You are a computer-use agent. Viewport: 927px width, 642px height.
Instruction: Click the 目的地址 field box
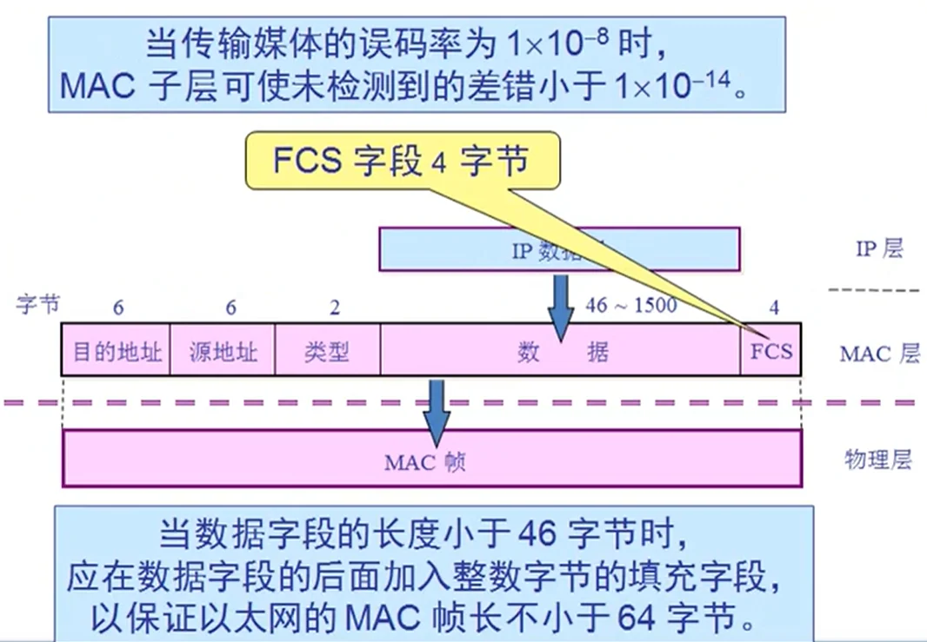[x=116, y=351]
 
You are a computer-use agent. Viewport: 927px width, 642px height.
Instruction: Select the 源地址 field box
[x=223, y=351]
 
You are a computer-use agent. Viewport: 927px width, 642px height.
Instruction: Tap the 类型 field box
[x=327, y=351]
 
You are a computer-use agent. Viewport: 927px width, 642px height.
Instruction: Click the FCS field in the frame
[x=771, y=350]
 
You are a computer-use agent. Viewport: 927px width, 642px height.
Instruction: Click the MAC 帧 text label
[x=425, y=461]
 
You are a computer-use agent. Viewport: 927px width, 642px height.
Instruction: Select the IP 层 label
[x=879, y=249]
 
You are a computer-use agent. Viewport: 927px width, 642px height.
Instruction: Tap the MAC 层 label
[x=879, y=354]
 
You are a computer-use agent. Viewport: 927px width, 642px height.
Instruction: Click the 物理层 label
[x=878, y=460]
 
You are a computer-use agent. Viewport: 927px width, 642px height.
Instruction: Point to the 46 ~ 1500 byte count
[x=630, y=306]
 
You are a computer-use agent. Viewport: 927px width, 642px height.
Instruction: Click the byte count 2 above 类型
[x=335, y=308]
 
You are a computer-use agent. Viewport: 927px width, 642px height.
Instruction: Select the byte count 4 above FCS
[x=774, y=308]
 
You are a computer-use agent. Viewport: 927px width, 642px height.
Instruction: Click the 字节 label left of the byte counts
[x=37, y=305]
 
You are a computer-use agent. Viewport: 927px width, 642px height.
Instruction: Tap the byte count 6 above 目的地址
[x=118, y=308]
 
